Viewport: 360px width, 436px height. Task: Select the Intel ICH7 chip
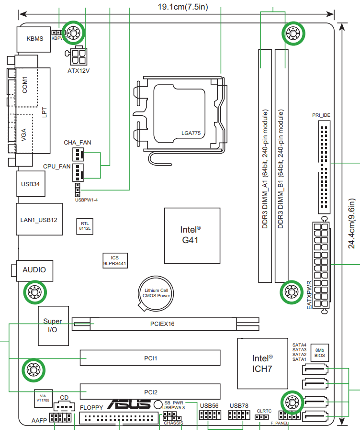coord(262,363)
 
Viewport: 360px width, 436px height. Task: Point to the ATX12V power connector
coord(80,56)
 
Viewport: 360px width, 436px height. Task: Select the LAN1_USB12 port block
coord(39,219)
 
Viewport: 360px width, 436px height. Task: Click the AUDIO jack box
coord(34,270)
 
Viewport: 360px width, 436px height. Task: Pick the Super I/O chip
coord(52,325)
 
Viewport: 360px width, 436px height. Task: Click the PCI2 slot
coord(150,391)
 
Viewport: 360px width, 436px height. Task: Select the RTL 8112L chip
coord(85,226)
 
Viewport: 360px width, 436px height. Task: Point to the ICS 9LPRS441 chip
coord(114,260)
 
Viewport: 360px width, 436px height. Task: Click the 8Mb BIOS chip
coord(319,353)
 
